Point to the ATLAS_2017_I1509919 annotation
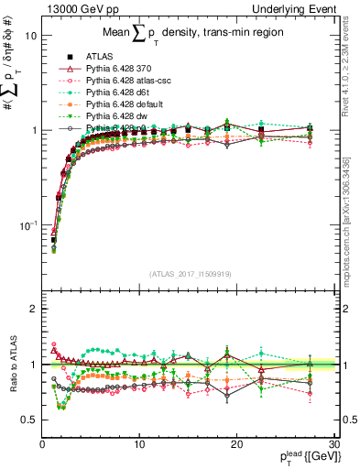tap(191, 273)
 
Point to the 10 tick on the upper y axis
tap(30, 36)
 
